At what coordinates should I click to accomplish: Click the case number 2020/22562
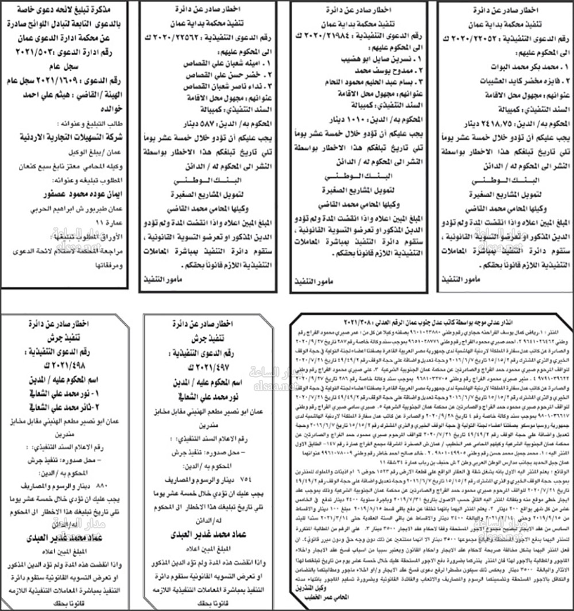[x=215, y=38]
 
